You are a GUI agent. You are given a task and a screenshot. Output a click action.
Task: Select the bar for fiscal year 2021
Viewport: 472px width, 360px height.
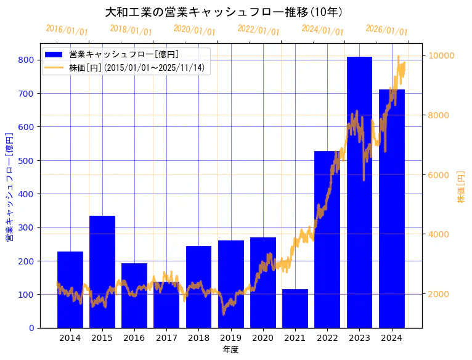click(x=295, y=308)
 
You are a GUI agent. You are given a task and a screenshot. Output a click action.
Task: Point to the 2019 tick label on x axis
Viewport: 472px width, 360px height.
click(x=230, y=338)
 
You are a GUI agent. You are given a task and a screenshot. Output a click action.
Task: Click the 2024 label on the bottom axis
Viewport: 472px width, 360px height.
click(x=391, y=338)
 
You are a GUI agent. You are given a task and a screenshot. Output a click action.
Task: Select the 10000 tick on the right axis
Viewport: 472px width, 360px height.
click(x=441, y=55)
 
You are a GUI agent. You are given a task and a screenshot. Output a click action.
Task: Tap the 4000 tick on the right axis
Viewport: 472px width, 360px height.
click(x=439, y=234)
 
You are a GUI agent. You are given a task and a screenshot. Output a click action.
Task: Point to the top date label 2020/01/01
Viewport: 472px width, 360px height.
click(x=195, y=30)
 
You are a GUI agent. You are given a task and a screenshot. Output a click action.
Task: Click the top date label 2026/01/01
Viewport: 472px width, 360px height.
click(x=386, y=30)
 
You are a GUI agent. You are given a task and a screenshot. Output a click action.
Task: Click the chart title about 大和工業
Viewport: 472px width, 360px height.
click(x=224, y=12)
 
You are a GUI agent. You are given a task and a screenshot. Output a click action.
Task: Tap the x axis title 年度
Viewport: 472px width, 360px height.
click(x=230, y=350)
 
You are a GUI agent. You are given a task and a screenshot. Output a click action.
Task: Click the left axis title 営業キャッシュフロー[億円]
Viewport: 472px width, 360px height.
click(x=9, y=187)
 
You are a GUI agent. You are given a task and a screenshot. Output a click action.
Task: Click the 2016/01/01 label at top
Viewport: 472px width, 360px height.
click(x=67, y=30)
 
